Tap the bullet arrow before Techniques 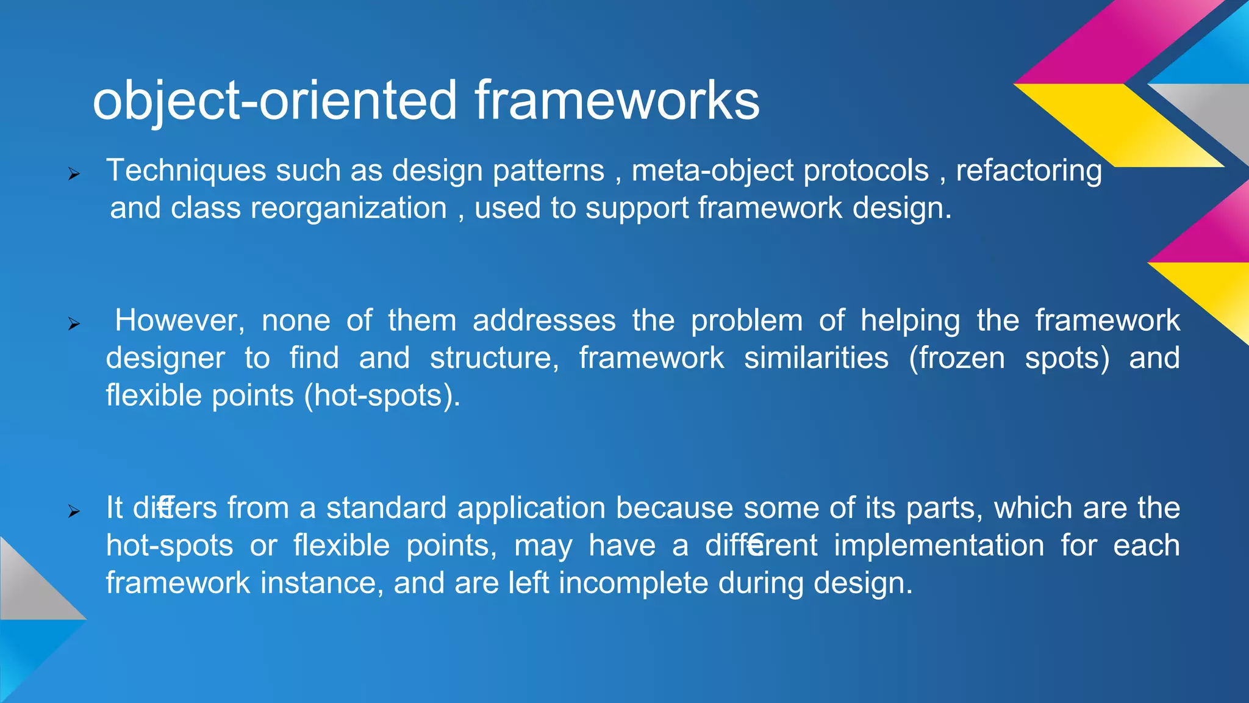coord(74,175)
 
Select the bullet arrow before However coord(74,324)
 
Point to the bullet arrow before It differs coord(74,511)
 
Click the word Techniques coord(186,171)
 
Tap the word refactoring coord(1028,171)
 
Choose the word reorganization coord(348,209)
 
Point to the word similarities coord(816,358)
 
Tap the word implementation coord(939,546)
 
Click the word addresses coord(544,321)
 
